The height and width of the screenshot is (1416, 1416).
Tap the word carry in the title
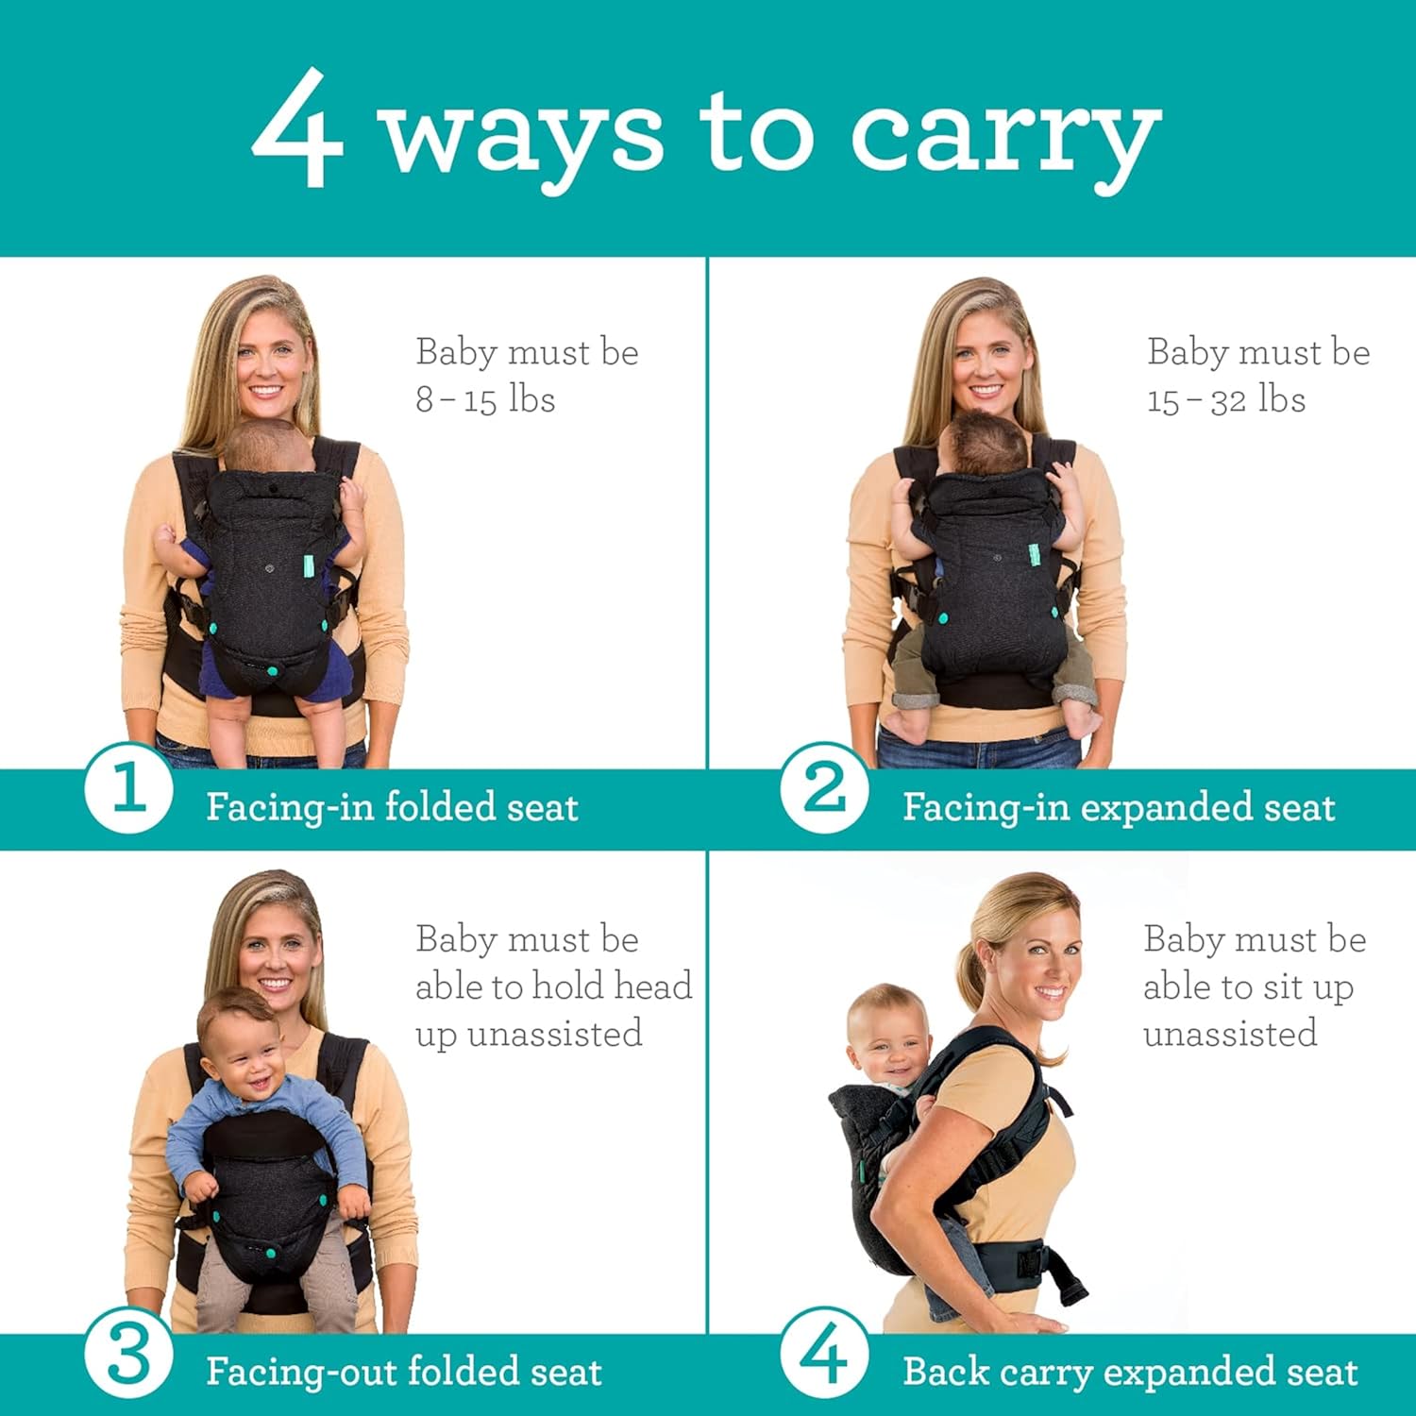pos(1004,137)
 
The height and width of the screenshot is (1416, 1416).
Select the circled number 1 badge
pos(128,788)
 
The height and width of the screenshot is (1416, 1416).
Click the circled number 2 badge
pos(824,788)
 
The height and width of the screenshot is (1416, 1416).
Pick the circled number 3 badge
pos(128,1355)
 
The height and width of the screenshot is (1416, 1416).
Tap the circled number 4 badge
pos(824,1355)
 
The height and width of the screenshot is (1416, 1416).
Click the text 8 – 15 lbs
pos(485,399)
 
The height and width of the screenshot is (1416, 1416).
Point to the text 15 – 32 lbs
pos(1225,399)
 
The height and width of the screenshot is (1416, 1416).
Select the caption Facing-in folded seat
pos(392,808)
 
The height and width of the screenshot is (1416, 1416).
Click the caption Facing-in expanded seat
pos(1119,808)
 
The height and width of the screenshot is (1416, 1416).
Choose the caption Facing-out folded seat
pos(404,1372)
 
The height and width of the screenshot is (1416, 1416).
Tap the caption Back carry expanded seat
pos(1130,1372)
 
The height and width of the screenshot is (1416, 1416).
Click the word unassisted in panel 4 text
pos(1230,1033)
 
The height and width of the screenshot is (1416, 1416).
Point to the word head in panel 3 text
pos(652,986)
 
